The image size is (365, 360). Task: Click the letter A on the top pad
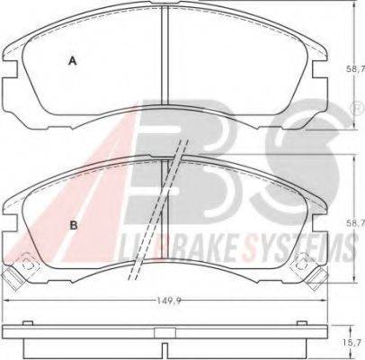point(72,61)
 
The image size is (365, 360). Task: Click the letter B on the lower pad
point(74,225)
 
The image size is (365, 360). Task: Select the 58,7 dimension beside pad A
point(357,69)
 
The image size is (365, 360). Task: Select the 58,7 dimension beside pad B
point(357,223)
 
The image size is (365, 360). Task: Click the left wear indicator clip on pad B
point(21,272)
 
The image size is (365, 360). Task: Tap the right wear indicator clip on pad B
point(309,272)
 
